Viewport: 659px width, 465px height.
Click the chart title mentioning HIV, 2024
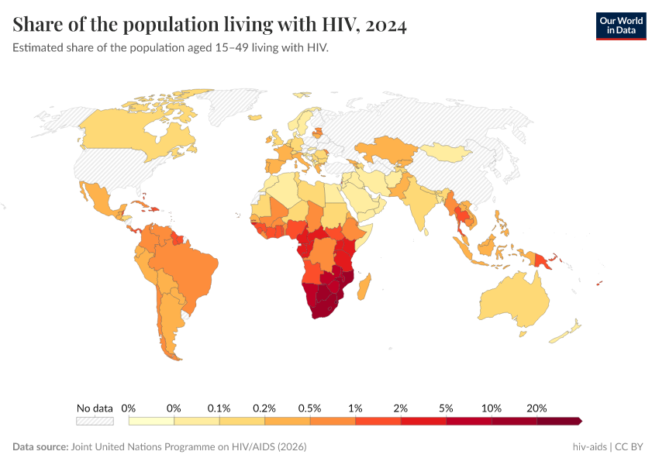pyautogui.click(x=210, y=26)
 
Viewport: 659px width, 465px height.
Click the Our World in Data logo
pyautogui.click(x=620, y=26)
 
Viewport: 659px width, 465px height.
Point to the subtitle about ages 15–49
pyautogui.click(x=171, y=48)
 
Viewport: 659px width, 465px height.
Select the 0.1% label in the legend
pyautogui.click(x=219, y=408)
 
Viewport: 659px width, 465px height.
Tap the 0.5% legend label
pyautogui.click(x=310, y=408)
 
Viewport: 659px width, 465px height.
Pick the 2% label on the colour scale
pyautogui.click(x=401, y=408)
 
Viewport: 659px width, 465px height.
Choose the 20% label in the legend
pyautogui.click(x=537, y=408)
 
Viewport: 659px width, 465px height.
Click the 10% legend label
pyautogui.click(x=492, y=408)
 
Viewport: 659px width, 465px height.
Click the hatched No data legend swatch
pyautogui.click(x=95, y=421)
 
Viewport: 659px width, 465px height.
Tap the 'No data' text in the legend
pyautogui.click(x=95, y=408)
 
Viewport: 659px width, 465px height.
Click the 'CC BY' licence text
pyautogui.click(x=631, y=447)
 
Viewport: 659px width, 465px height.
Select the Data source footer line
pyautogui.click(x=160, y=447)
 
